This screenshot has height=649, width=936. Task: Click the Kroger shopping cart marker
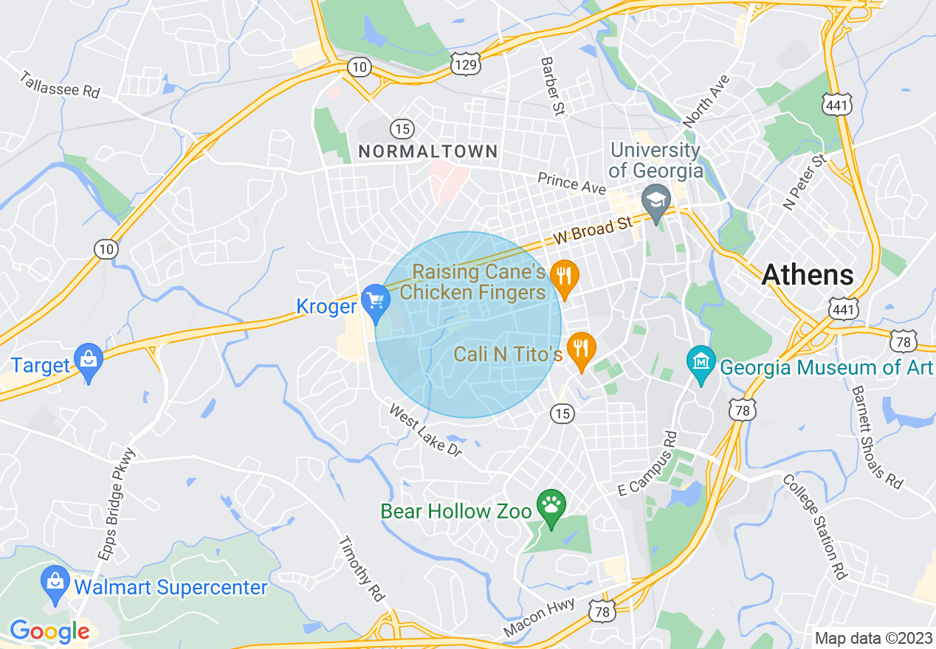[x=376, y=300]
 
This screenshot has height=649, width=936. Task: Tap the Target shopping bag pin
[x=89, y=360]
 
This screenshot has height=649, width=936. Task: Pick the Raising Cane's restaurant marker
[x=564, y=277]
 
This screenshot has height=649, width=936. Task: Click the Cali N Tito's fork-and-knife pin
[x=582, y=348]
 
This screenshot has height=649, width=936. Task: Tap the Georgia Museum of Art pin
[x=701, y=361]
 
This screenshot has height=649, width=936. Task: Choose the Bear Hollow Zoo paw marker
[x=551, y=505]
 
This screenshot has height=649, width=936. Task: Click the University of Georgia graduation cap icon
[x=655, y=200]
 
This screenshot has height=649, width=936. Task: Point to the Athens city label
[x=808, y=274]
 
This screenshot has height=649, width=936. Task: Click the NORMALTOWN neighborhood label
[x=428, y=151]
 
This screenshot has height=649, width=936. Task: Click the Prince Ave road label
[x=571, y=184]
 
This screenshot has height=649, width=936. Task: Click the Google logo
[x=49, y=631]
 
